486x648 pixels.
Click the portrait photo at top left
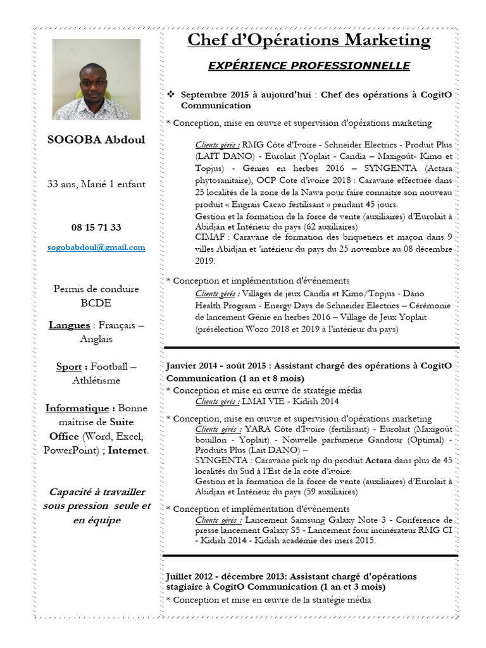tap(96, 80)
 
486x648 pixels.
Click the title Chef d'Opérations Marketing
tap(309, 40)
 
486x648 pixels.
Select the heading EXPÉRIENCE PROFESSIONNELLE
tap(309, 66)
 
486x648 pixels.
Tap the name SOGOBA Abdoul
tap(96, 140)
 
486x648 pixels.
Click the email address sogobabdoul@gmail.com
tap(96, 247)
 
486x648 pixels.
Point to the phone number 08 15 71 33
tap(96, 227)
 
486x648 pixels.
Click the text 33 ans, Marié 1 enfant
tap(96, 184)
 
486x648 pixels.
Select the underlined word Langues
tap(69, 325)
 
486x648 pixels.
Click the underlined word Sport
tap(69, 366)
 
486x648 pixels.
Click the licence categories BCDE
tap(96, 302)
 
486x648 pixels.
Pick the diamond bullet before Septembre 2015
tap(171, 94)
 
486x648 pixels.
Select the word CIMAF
tap(209, 237)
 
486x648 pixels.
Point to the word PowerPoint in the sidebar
tap(70, 451)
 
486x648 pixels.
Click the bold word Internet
tap(128, 451)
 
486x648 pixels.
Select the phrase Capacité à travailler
tap(96, 492)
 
